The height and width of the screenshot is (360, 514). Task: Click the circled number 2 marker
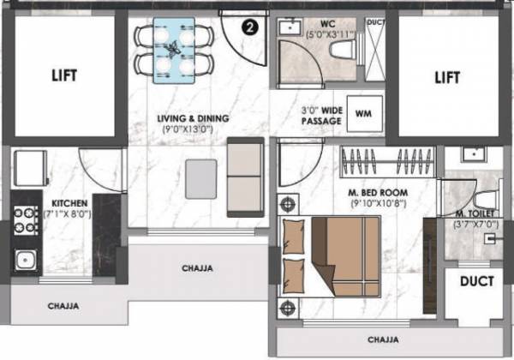[249, 27]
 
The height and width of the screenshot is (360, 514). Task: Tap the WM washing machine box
[363, 112]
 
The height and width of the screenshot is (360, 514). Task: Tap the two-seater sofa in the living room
[244, 178]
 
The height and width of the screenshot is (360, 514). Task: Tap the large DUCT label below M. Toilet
[475, 281]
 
